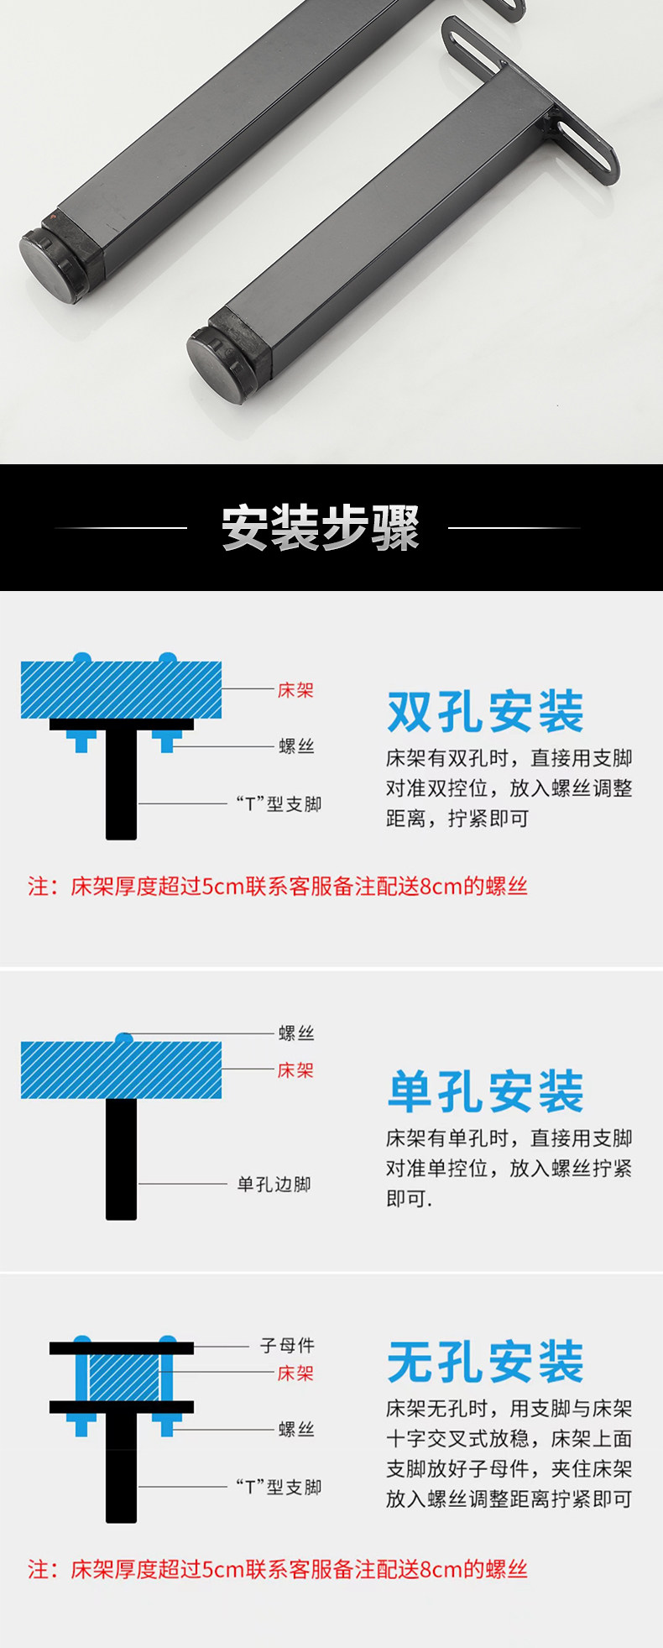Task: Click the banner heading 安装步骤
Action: coord(320,528)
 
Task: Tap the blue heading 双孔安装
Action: coord(485,712)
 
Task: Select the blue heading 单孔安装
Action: coord(485,1091)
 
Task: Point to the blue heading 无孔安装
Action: coord(485,1362)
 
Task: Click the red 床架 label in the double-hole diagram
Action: coord(295,690)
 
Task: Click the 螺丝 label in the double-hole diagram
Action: coord(296,746)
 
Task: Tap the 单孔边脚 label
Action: coord(274,1185)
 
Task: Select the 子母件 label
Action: coord(287,1346)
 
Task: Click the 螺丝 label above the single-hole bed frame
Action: coord(296,1033)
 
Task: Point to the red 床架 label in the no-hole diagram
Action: coord(295,1373)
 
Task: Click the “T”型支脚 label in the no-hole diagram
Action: coord(279,1487)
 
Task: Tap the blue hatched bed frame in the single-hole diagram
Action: coord(122,1070)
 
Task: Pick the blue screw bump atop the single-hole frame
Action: coord(124,1039)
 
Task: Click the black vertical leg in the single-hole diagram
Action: coord(121,1159)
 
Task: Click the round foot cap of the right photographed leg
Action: coord(219,363)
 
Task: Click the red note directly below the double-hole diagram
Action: coord(278,887)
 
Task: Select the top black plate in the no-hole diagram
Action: coord(122,1348)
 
